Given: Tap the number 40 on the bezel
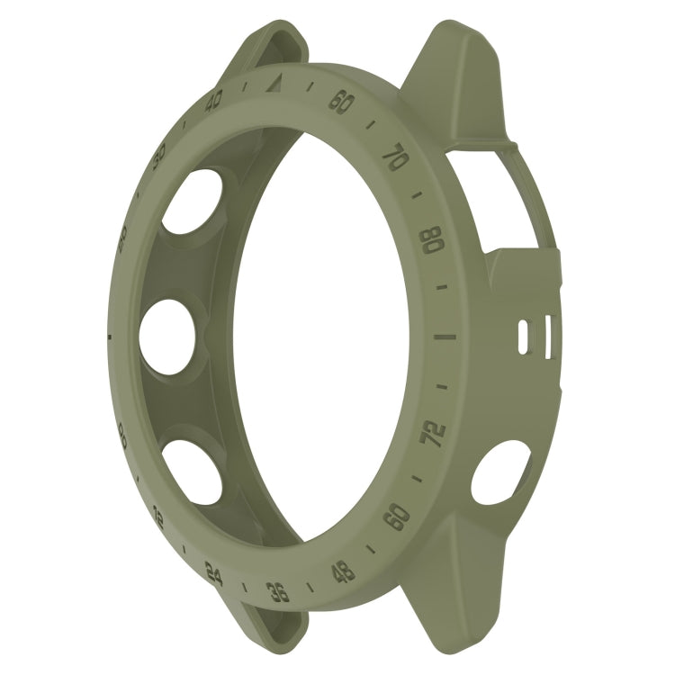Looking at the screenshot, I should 215,103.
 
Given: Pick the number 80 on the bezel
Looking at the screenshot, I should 433,240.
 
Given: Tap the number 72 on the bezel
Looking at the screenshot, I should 435,433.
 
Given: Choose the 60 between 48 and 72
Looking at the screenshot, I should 397,516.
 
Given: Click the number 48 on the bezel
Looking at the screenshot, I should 343,571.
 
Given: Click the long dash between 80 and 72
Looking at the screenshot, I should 445,338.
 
